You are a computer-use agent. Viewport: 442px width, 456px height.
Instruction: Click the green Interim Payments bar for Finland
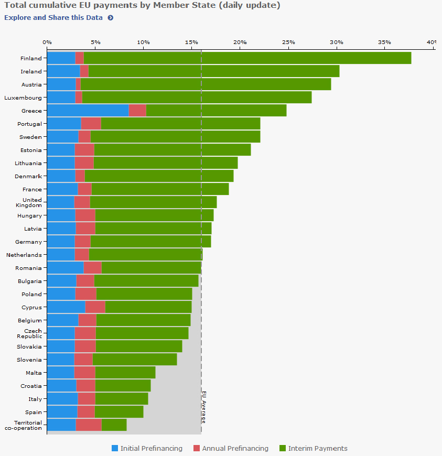(246, 58)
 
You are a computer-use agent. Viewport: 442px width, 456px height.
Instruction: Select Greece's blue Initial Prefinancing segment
(88, 111)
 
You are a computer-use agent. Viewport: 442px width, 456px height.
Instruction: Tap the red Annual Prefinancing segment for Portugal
(91, 124)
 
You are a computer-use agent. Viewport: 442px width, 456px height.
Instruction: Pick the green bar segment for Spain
(118, 412)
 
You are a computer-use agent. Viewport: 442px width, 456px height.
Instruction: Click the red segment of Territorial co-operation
(89, 425)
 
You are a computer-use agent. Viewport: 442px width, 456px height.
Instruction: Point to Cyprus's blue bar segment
(66, 307)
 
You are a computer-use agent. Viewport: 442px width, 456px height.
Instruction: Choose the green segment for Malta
(125, 373)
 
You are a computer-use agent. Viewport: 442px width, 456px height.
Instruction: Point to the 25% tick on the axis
(288, 42)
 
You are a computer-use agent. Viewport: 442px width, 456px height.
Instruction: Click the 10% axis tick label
(143, 42)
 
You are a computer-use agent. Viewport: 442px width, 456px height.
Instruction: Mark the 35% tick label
(384, 42)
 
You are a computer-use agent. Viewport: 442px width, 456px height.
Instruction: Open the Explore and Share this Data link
(53, 17)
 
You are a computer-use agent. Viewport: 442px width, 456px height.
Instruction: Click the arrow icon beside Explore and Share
(111, 17)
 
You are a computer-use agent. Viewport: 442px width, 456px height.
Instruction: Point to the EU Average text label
(204, 407)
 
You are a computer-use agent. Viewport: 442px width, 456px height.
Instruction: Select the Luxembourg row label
(23, 97)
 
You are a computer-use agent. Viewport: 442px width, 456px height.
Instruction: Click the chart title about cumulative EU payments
(142, 5)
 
